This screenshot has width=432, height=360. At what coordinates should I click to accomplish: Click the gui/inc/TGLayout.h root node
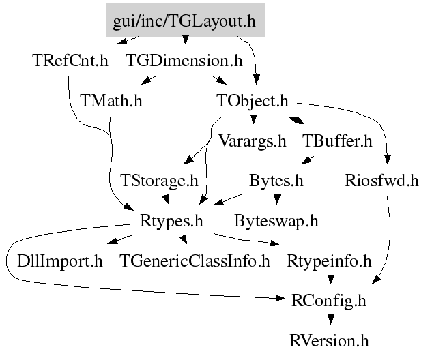tap(184, 21)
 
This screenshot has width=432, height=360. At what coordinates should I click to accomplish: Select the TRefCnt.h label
tap(70, 61)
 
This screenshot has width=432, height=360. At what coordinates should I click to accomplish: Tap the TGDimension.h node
tap(184, 61)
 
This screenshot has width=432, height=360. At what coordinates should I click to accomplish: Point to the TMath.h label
tap(111, 101)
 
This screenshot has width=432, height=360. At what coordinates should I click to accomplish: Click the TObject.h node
tap(253, 101)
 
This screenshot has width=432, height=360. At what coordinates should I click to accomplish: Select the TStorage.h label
tap(159, 181)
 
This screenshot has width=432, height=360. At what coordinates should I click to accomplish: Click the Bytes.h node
tap(276, 181)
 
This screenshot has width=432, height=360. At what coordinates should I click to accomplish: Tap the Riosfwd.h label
tap(381, 181)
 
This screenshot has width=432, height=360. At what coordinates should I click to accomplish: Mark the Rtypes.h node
tap(171, 221)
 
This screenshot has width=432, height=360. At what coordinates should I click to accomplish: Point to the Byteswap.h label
tap(276, 221)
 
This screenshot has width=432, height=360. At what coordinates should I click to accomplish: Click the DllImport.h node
tap(60, 260)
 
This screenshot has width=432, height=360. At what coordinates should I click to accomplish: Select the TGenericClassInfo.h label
tap(195, 260)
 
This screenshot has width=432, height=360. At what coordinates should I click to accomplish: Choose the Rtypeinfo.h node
tap(329, 260)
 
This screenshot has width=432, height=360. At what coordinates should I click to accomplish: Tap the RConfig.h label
tap(329, 300)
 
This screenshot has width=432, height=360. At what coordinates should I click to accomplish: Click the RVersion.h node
tap(329, 340)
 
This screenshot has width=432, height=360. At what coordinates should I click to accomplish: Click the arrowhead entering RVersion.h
tap(330, 319)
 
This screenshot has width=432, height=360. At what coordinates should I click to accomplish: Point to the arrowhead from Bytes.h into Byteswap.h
tap(276, 200)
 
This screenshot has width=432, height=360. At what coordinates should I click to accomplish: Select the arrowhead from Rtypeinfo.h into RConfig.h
tap(330, 280)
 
